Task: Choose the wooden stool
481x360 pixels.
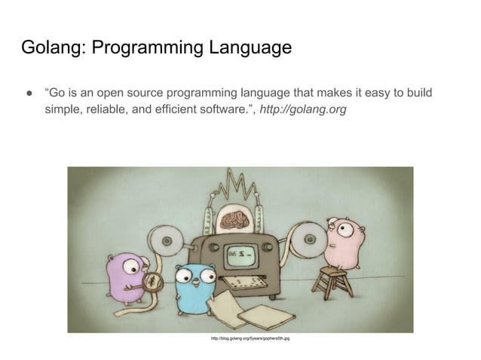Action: point(331,282)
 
